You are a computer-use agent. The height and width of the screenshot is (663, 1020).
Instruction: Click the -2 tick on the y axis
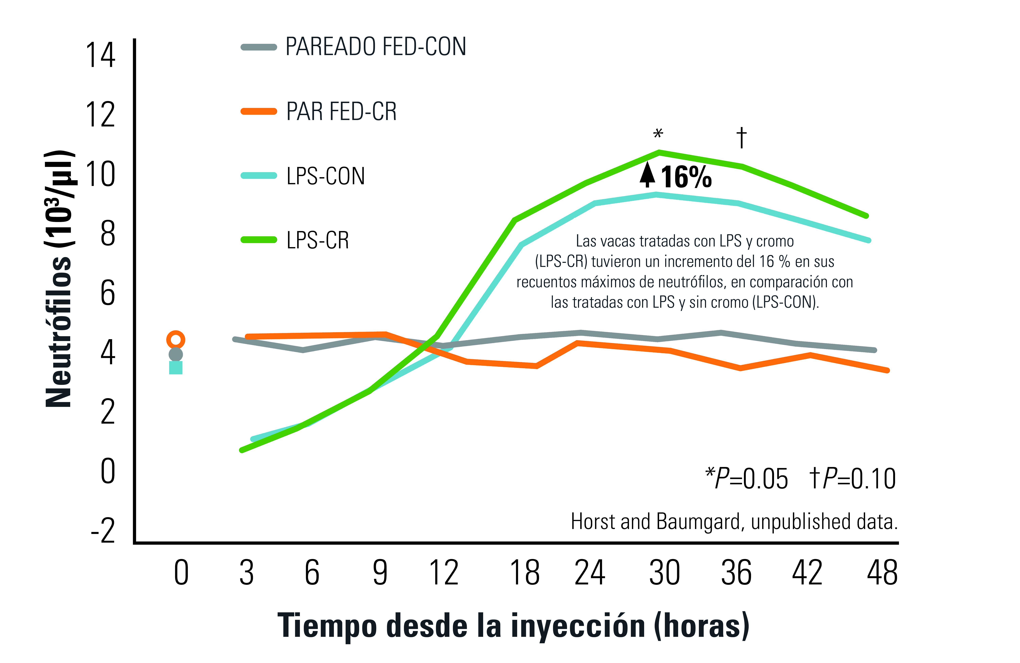103,531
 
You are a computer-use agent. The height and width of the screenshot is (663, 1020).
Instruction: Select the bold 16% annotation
686,177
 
